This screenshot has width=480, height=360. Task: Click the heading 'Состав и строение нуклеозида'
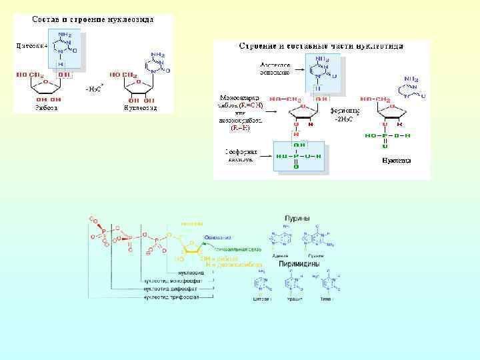tap(93, 19)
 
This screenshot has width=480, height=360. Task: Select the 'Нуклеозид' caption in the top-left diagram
tap(140, 107)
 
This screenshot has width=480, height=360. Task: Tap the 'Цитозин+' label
tap(30, 46)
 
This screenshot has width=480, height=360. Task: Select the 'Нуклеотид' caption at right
tap(396, 161)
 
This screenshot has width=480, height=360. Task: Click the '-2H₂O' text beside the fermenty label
tap(345, 119)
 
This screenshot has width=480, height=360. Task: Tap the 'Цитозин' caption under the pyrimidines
tap(262, 299)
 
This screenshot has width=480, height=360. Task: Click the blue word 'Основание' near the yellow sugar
tap(218, 237)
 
